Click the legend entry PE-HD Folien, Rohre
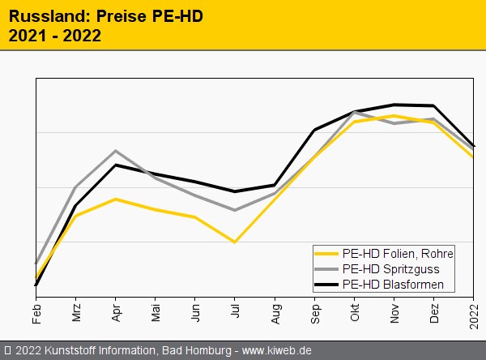[398, 253]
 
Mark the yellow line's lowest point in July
[235, 242]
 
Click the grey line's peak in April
[116, 151]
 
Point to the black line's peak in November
[394, 105]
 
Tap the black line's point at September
[315, 130]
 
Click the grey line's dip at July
[235, 210]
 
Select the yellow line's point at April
[116, 199]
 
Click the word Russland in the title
[38, 16]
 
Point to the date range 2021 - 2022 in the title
[55, 35]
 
